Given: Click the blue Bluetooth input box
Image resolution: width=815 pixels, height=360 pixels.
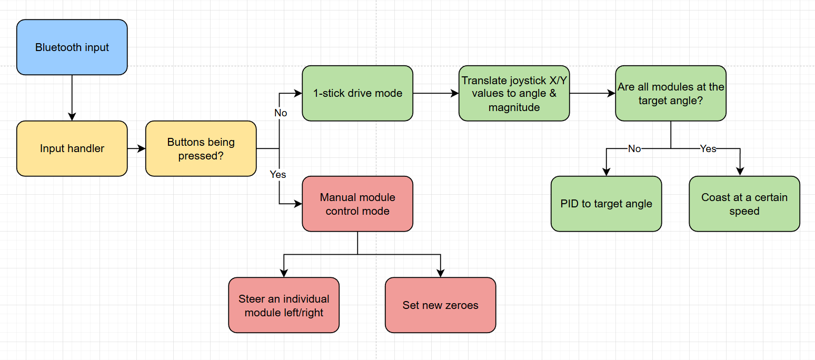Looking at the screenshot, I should pos(72,47).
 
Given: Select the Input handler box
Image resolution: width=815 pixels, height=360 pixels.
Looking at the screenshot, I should pos(72,148).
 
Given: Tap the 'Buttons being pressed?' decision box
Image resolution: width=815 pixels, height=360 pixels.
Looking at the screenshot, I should pos(201,148).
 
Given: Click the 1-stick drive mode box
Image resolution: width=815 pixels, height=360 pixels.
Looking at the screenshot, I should pos(357,93).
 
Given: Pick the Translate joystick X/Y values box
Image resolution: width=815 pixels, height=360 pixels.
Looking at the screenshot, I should pos(514,93).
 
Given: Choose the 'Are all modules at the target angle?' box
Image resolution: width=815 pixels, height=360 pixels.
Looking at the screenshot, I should pos(670,93).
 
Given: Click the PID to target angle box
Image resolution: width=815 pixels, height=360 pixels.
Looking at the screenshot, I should pos(606,204).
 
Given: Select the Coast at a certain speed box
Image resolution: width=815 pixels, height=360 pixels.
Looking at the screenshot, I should pos(744,204).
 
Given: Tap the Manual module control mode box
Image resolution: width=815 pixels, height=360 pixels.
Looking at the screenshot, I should pos(357,204).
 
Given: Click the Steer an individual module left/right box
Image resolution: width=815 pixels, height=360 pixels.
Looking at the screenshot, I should pos(283,305).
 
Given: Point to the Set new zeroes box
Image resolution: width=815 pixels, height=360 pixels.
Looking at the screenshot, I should pos(440,305).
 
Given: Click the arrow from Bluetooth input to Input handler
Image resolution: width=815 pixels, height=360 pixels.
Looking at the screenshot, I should pos(72,97).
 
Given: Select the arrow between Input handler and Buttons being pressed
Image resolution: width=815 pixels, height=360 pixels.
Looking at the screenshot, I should pos(136,148).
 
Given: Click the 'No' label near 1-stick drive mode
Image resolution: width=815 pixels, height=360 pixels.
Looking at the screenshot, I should pos(281,113).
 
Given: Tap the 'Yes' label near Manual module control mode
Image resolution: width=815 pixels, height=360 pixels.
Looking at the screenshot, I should pos(277,174).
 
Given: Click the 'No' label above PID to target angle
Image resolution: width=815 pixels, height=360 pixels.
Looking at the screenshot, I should pos(634,149).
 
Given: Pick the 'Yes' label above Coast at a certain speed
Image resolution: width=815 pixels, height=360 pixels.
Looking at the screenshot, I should pos(708,149).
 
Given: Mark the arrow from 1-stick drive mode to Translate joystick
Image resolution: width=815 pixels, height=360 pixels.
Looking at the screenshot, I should pos(435,93).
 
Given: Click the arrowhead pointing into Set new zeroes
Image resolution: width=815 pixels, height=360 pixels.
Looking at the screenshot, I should pos(440,273).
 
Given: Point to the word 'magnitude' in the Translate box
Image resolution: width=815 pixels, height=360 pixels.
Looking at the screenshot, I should pos(514,107).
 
